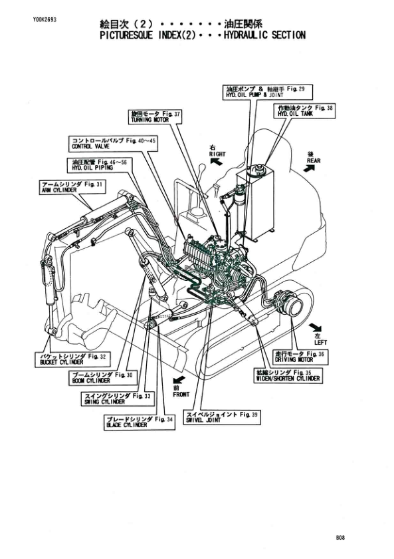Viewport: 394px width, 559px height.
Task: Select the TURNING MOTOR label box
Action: click(155, 117)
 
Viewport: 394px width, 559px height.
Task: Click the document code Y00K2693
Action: click(44, 21)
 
